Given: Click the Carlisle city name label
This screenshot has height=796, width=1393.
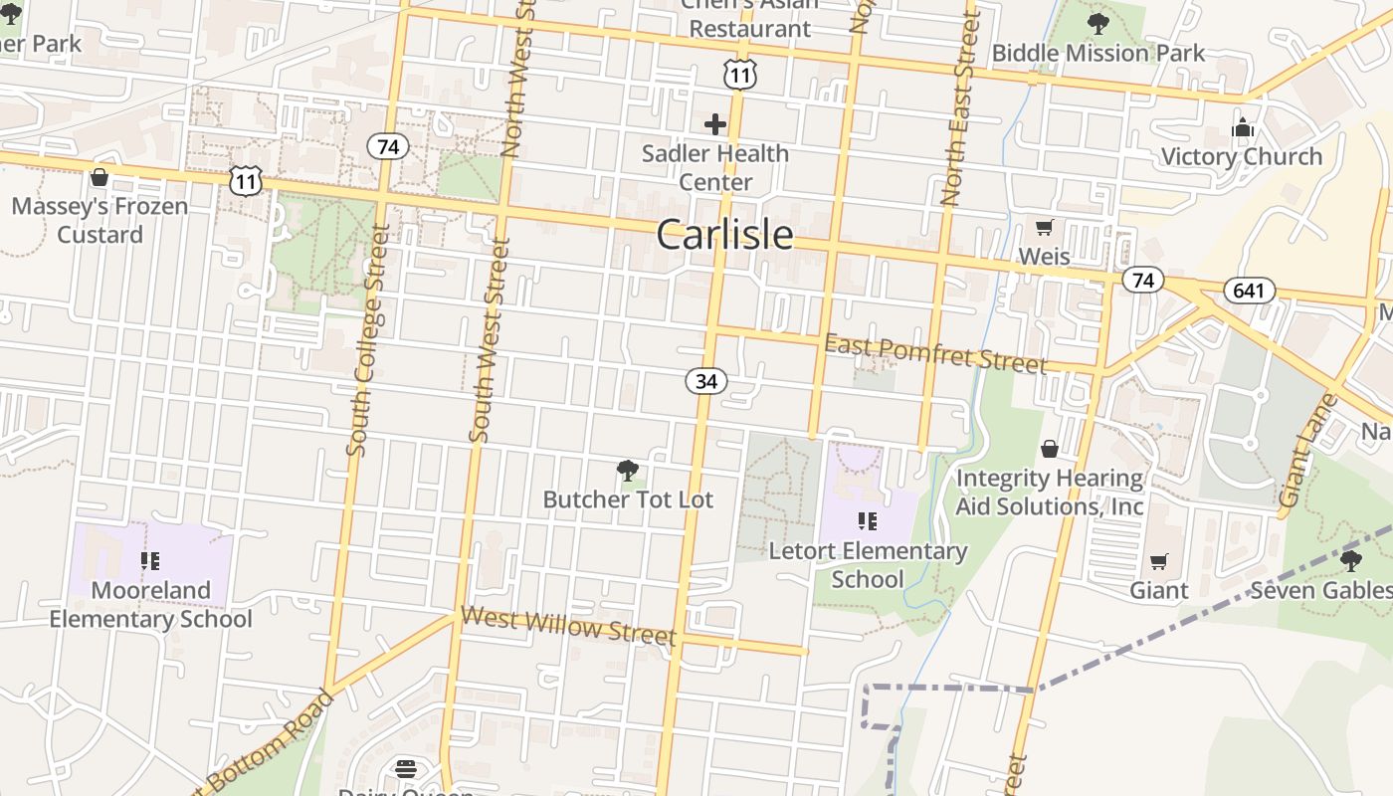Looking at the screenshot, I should coord(724,235).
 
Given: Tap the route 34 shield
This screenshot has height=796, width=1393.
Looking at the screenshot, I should coord(705,381).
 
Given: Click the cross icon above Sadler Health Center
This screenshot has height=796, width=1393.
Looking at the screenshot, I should coord(714,124).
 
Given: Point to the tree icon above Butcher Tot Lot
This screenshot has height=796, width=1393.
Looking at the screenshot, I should coord(627,471).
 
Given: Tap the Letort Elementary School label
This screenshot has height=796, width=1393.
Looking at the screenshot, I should coord(868,564).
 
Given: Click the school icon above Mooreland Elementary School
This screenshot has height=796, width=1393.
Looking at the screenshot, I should coord(150,561).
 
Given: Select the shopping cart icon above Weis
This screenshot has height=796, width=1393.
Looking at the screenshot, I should coord(1044,228).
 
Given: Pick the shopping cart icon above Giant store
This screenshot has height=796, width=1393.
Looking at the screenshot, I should coord(1158,562).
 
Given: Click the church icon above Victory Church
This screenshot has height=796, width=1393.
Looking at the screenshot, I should coord(1242,127).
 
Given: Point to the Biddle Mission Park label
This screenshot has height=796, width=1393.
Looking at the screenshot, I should coord(1098,53).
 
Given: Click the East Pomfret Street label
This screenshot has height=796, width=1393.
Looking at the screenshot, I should coord(935,353).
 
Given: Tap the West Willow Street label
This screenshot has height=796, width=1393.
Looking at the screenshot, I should coord(568,626).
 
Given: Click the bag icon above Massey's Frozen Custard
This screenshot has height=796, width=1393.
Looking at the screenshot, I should coord(99,178).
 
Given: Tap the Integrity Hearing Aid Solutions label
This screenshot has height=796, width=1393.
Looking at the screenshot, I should coord(1050,493).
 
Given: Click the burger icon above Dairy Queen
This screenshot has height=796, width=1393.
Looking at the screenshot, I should coord(405,769).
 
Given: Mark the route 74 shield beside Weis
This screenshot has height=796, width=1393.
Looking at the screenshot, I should coord(1142,281).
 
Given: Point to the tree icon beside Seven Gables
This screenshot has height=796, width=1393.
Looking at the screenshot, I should coord(1350,560).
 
